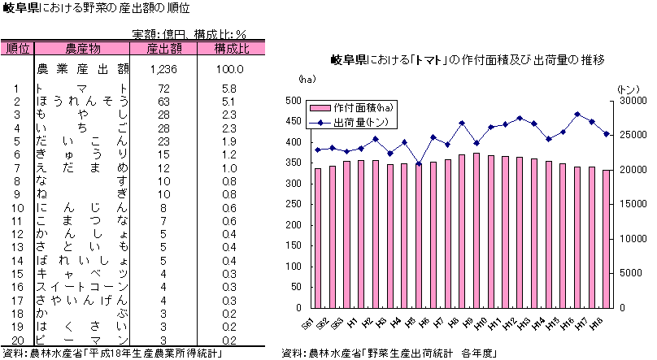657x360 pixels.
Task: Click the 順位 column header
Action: coord(17,49)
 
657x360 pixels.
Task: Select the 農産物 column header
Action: coord(82,49)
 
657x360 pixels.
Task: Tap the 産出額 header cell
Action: coord(163,49)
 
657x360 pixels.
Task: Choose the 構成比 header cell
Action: coord(231,49)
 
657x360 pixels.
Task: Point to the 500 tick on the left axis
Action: coord(293,101)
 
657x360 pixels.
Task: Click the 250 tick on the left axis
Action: coord(293,205)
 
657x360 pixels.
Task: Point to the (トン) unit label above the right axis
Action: coord(629,88)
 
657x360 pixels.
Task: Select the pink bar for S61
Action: coord(318,238)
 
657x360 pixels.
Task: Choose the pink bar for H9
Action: coord(476,231)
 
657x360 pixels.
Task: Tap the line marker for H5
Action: coord(419,164)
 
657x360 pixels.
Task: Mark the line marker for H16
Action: coord(577,115)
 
